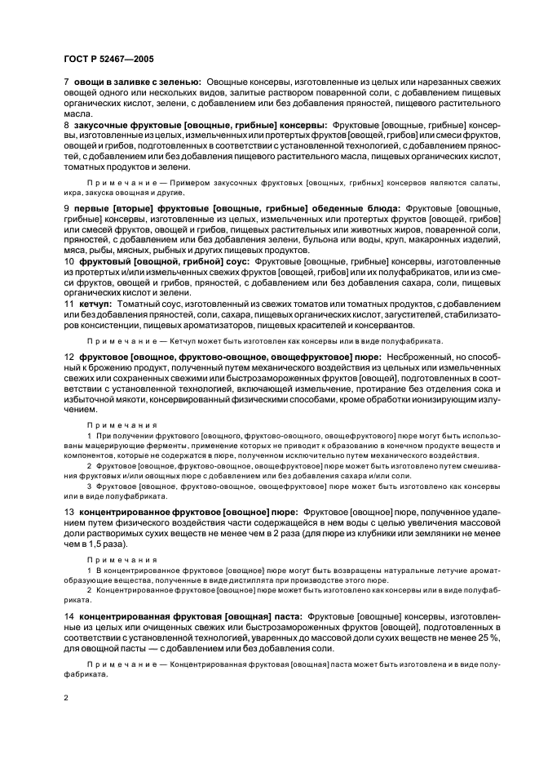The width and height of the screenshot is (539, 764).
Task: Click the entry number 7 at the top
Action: click(66, 82)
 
